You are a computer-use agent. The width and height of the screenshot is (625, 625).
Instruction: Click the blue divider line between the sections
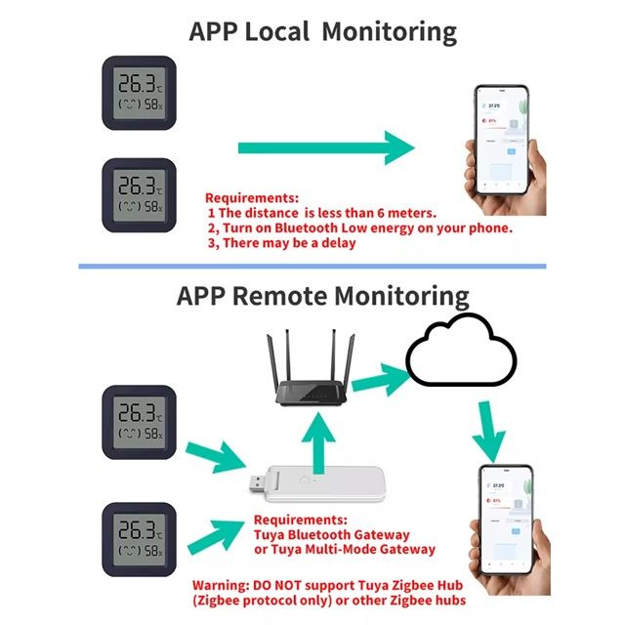pyautogui.click(x=312, y=266)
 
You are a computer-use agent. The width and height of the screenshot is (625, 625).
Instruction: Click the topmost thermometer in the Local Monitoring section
pyautogui.click(x=141, y=93)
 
